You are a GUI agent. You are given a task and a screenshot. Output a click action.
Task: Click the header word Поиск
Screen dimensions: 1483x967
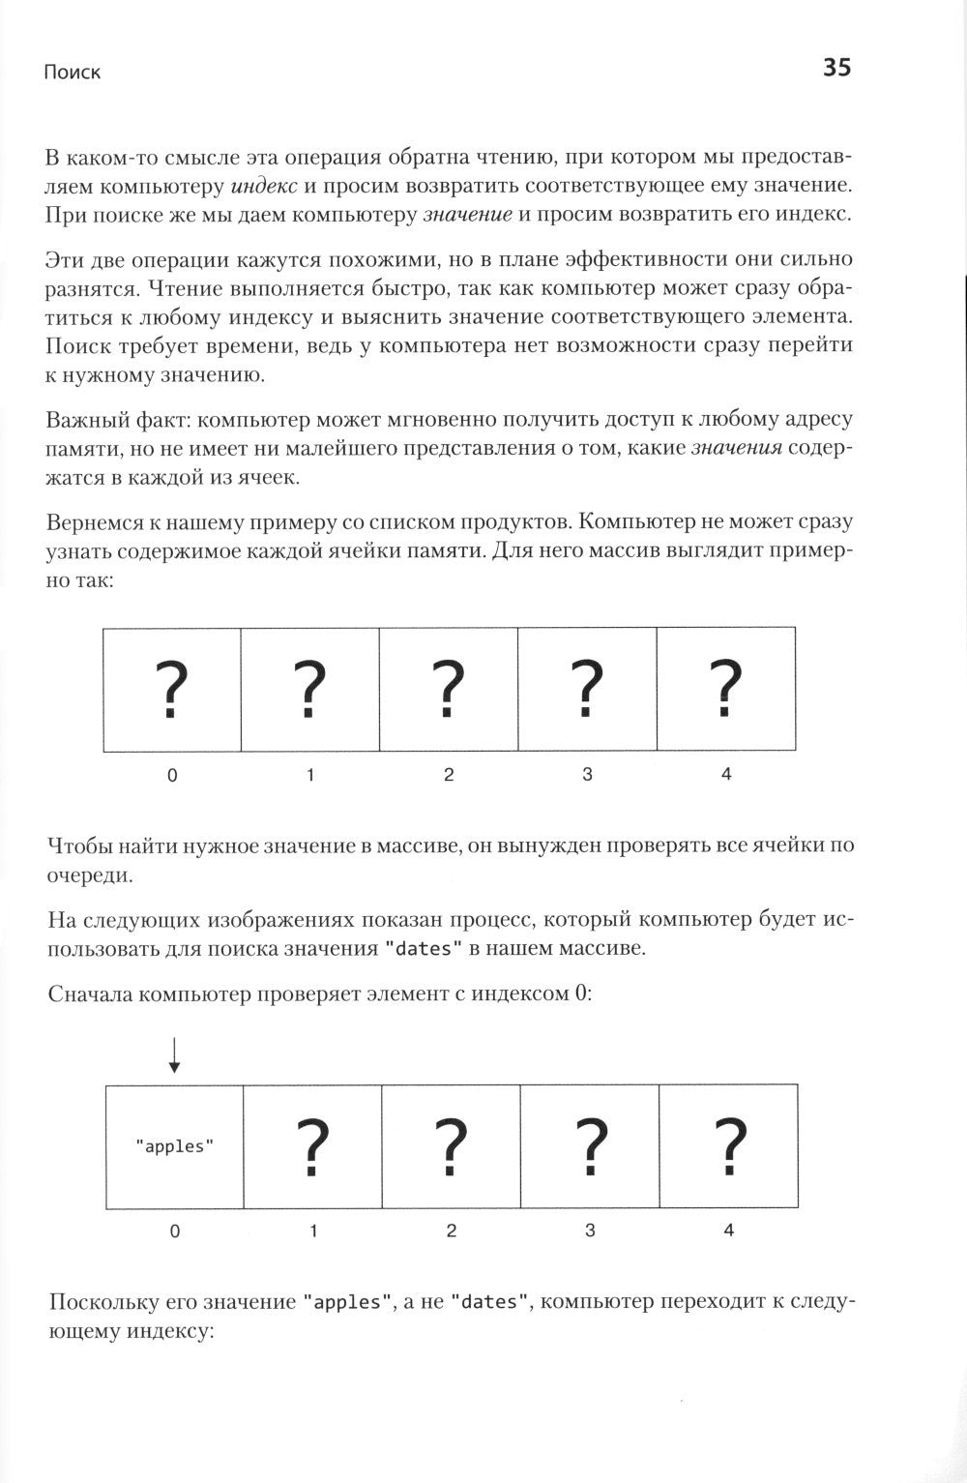[73, 73]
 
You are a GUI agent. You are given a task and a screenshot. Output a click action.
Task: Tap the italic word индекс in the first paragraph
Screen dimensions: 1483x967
[265, 185]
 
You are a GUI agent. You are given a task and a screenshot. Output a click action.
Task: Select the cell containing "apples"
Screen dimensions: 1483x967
[174, 1146]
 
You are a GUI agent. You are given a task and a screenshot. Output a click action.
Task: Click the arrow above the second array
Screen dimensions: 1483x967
[174, 1054]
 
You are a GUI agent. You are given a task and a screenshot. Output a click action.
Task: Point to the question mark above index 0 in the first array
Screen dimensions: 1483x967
[171, 689]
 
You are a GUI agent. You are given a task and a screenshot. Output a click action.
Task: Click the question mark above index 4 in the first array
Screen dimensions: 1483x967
[726, 689]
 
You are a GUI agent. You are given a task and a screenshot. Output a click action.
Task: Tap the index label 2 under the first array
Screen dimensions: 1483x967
[449, 775]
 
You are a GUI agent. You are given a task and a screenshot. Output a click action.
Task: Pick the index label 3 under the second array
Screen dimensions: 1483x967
[590, 1231]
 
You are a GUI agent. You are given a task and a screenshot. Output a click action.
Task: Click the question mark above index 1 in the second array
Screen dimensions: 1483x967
[312, 1146]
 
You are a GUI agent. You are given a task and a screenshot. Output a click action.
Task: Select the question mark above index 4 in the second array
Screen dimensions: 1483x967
[728, 1146]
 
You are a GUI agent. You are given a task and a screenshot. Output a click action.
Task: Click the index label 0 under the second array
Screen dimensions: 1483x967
[174, 1231]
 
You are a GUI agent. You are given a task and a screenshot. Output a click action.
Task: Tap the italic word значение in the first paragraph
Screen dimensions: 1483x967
[468, 214]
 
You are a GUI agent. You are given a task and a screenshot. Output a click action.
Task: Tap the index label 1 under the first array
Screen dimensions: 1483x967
[310, 775]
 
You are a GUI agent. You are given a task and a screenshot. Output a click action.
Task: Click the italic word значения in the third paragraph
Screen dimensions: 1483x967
[736, 449]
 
